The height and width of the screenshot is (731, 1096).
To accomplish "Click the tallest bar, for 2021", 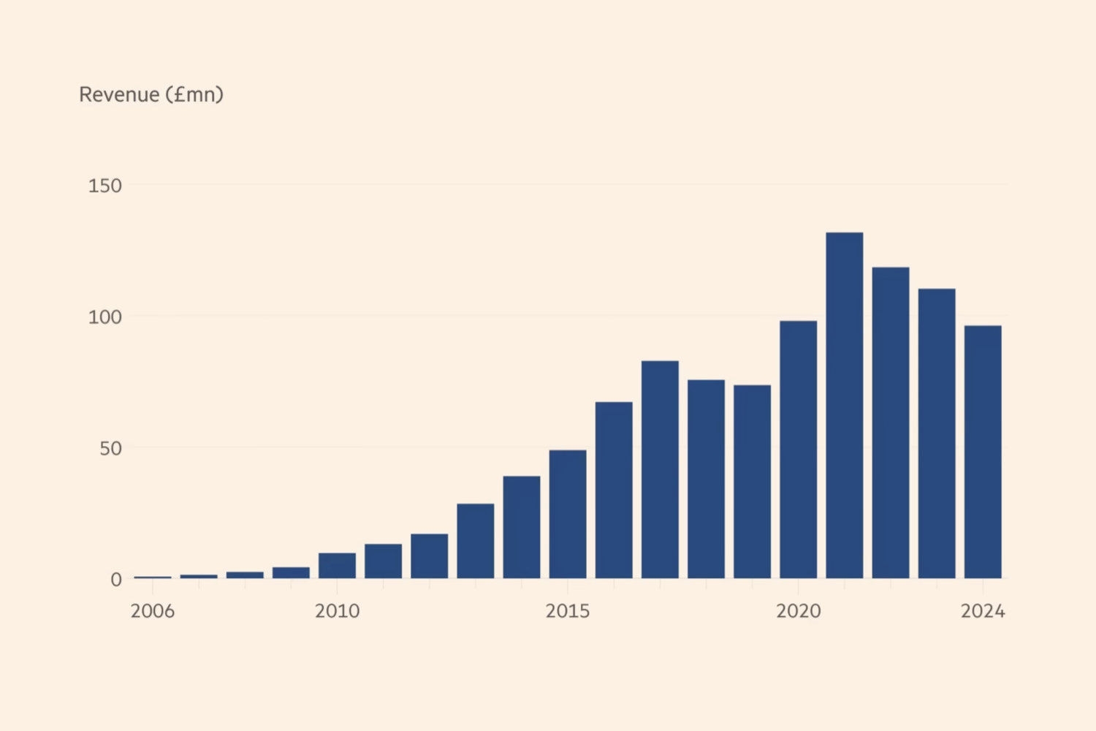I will tap(844, 406).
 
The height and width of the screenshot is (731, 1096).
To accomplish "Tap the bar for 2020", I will tap(798, 450).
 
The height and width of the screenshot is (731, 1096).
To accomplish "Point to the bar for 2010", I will tap(337, 566).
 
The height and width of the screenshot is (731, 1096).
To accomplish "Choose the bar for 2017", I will tap(660, 469).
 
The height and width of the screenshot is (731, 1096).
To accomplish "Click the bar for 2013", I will tap(476, 541).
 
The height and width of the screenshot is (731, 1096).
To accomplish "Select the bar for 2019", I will tap(752, 482).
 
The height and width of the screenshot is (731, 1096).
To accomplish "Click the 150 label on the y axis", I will tap(104, 186).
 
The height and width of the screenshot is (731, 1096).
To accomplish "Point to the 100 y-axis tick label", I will tap(104, 317).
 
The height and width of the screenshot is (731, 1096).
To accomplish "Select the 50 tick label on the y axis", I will tap(110, 448).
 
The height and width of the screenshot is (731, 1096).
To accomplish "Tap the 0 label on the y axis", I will tap(116, 580).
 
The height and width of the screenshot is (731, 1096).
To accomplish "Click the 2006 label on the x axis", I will tap(152, 611).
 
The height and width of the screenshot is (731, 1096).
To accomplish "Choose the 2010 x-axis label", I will tap(337, 611).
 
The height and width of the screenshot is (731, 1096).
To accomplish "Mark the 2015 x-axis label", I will tap(568, 611).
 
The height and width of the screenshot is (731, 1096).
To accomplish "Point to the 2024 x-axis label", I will tap(983, 611).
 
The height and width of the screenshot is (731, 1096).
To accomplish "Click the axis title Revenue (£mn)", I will tap(151, 94).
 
